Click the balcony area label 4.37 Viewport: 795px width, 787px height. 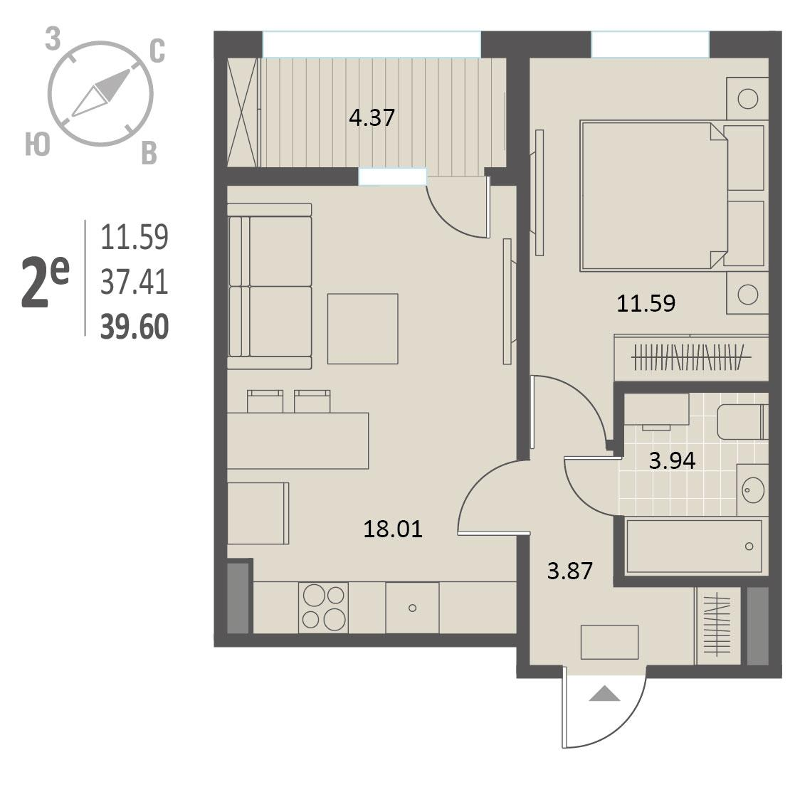(x=372, y=117)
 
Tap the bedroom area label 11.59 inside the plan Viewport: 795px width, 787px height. (x=646, y=303)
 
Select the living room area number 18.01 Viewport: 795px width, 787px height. (x=393, y=529)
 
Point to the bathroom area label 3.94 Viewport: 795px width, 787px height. (x=673, y=460)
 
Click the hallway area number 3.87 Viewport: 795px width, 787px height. (x=570, y=571)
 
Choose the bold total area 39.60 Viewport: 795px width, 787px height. (x=135, y=327)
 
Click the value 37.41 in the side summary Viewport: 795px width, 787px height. (x=135, y=282)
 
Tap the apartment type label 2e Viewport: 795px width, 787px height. (x=45, y=282)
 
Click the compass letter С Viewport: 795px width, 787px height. (x=157, y=52)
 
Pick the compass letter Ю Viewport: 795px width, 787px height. (x=38, y=145)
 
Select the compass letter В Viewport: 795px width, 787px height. (x=149, y=153)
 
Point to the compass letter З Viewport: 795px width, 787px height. (x=53, y=40)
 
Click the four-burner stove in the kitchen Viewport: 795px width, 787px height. (x=323, y=608)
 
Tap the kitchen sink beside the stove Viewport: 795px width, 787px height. (x=412, y=608)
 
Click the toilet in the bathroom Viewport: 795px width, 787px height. (x=743, y=422)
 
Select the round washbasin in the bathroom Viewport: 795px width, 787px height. (x=752, y=490)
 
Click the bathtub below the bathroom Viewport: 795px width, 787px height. (x=694, y=546)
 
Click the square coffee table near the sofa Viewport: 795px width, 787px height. (x=362, y=329)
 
